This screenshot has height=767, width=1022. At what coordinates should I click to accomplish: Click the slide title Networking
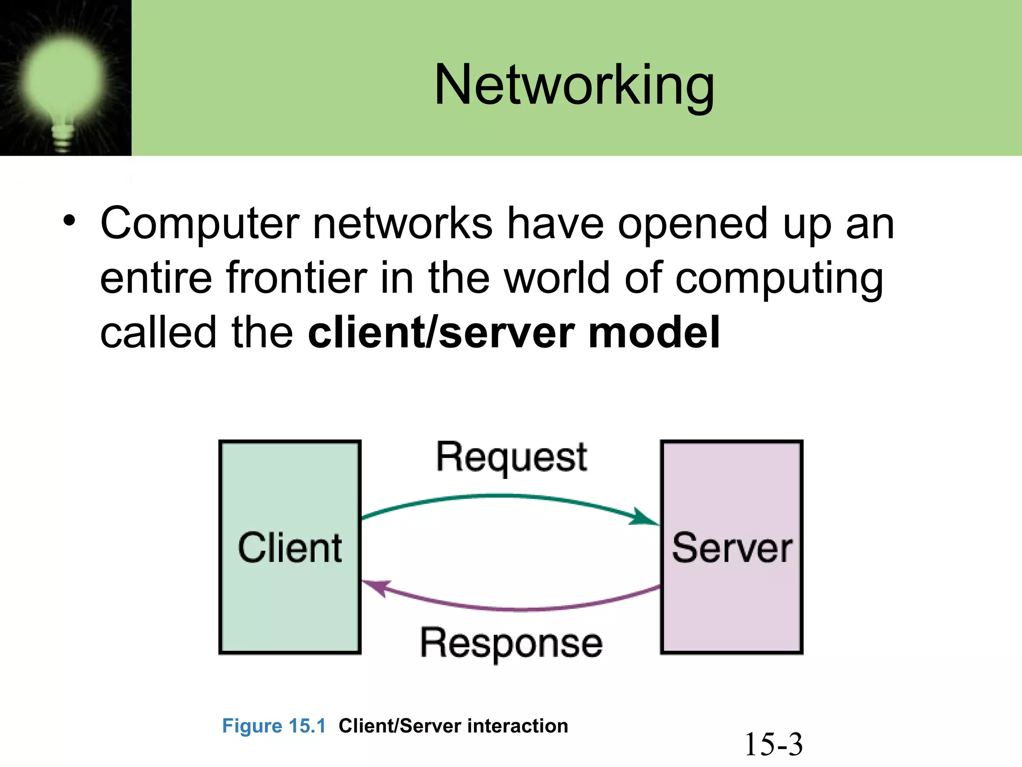pyautogui.click(x=574, y=86)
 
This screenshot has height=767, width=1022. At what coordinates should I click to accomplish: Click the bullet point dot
pyautogui.click(x=69, y=222)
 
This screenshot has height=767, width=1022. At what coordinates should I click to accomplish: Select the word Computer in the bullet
pyautogui.click(x=200, y=224)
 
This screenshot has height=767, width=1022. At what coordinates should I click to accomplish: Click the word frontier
pyautogui.click(x=296, y=278)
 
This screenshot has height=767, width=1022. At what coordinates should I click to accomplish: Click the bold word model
pyautogui.click(x=654, y=333)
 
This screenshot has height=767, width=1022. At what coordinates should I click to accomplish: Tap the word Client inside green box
pyautogui.click(x=289, y=548)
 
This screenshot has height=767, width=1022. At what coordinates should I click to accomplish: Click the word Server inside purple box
pyautogui.click(x=732, y=548)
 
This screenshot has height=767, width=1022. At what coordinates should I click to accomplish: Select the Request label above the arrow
pyautogui.click(x=511, y=457)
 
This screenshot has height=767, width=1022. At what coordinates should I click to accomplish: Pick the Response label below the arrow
pyautogui.click(x=511, y=643)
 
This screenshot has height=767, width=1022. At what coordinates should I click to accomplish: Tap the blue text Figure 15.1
pyautogui.click(x=273, y=726)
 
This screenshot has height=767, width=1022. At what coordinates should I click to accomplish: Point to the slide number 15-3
pyautogui.click(x=773, y=744)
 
